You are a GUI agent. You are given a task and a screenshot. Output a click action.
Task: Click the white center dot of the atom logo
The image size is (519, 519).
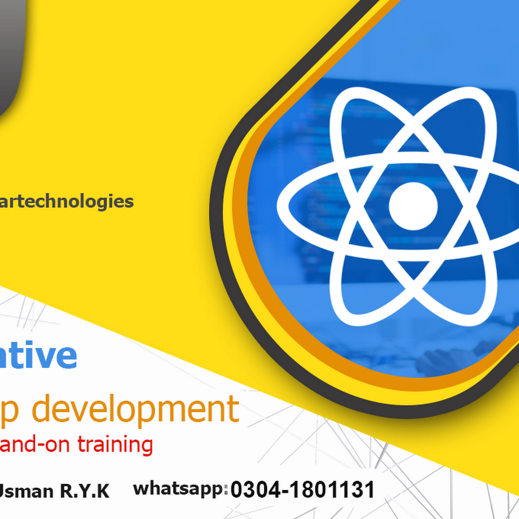(413, 206)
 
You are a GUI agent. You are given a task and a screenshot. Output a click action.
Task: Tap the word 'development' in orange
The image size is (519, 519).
(135, 410)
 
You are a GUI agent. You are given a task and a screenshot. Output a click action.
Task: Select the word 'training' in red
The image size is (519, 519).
(115, 445)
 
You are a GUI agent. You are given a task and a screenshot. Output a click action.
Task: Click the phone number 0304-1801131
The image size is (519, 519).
(302, 489)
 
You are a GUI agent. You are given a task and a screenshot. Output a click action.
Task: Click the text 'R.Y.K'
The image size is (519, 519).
(85, 491)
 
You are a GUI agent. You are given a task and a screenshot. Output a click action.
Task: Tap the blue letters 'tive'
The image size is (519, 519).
(39, 356)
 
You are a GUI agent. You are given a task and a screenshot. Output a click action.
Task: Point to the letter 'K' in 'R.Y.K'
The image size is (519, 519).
(102, 491)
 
